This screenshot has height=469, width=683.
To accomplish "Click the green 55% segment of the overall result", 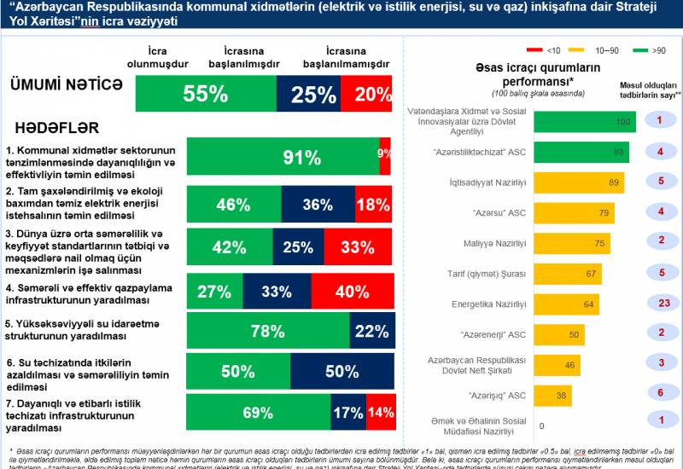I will (205, 94).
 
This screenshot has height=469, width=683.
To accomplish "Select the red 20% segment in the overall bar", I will (366, 94).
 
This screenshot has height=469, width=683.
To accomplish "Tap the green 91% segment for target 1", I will (283, 156).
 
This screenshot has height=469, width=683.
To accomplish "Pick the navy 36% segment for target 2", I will (318, 205).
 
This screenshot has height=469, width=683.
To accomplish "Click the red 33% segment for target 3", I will (357, 247).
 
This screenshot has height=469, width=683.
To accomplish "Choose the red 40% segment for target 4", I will (352, 291).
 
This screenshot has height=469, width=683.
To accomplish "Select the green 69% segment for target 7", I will (259, 413).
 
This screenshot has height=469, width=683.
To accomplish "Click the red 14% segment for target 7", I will (380, 413).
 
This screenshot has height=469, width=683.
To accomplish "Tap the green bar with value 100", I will (585, 122).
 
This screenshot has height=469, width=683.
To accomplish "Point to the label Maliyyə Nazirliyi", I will (502, 243).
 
